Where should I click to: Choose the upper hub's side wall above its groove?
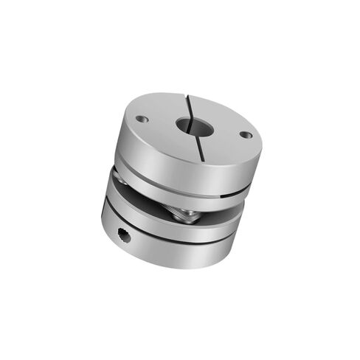[x=170, y=166]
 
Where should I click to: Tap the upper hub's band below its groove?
[x=170, y=193]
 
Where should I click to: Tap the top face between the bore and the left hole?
[x=162, y=122]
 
